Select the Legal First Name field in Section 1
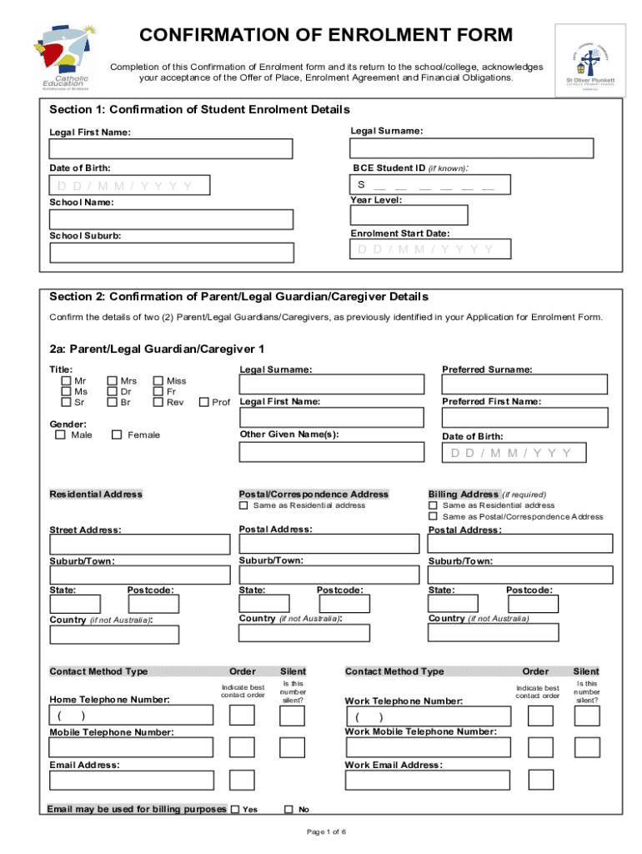[x=171, y=148]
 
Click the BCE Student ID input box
[x=429, y=184]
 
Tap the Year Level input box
[x=409, y=215]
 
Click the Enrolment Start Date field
[x=429, y=249]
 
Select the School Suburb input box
[x=171, y=252]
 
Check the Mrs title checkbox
[x=113, y=381]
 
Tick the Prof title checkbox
[x=204, y=403]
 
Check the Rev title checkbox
[x=158, y=403]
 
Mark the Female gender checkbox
[x=117, y=435]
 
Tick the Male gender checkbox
[x=60, y=435]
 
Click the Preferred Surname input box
[x=525, y=384]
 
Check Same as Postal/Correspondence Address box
[x=433, y=516]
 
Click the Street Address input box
[x=139, y=545]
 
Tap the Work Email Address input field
[x=427, y=780]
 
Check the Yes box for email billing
[x=234, y=809]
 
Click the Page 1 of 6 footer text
[x=326, y=832]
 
